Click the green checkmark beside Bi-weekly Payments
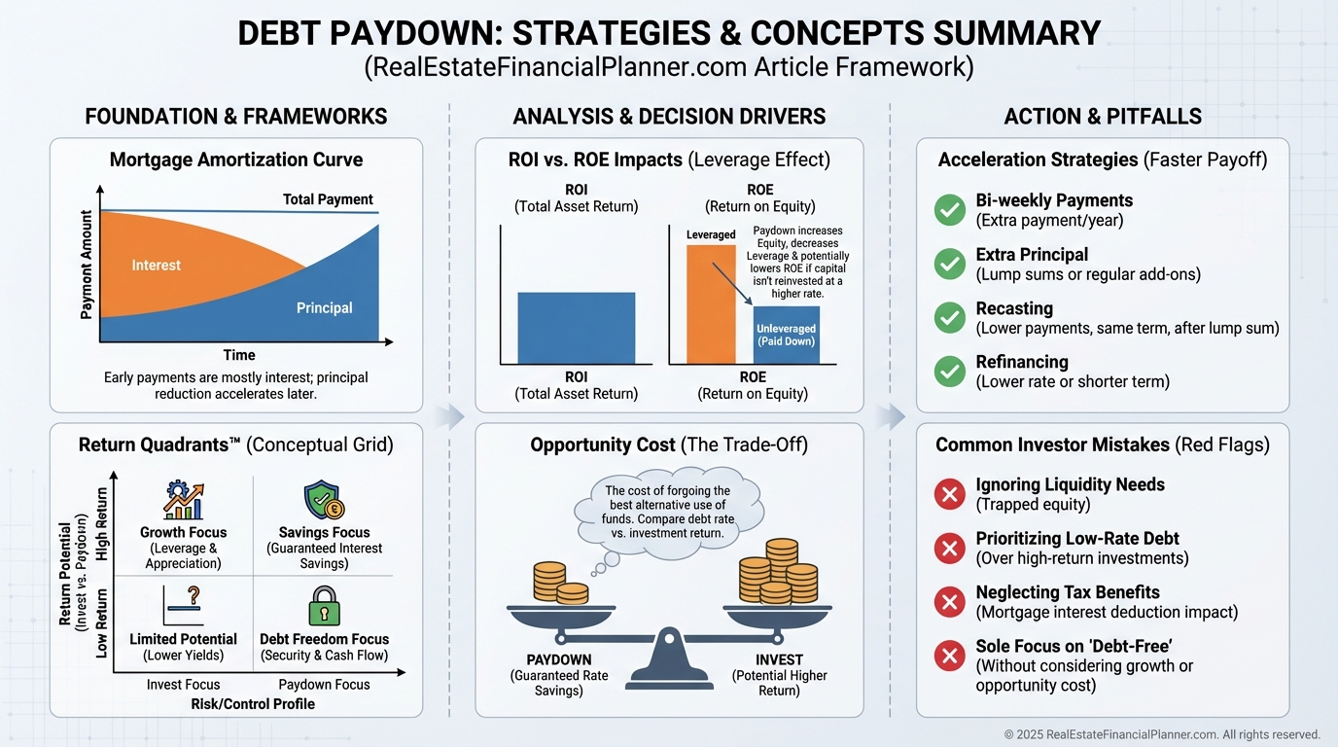click(950, 210)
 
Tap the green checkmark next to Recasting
click(950, 318)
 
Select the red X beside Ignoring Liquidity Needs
click(950, 494)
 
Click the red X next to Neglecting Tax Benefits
click(950, 602)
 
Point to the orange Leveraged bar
click(711, 304)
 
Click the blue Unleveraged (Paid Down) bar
click(786, 336)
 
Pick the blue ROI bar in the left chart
click(577, 328)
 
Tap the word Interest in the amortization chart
click(156, 266)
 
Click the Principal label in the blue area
click(325, 307)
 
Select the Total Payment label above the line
click(328, 199)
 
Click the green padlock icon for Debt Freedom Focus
click(325, 605)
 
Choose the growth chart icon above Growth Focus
click(184, 500)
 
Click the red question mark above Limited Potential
click(193, 595)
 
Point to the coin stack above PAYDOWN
click(560, 582)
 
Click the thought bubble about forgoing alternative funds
click(667, 513)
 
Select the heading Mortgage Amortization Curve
click(236, 160)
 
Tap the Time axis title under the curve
click(239, 355)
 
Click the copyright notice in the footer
click(1162, 734)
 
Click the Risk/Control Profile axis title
click(253, 704)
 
